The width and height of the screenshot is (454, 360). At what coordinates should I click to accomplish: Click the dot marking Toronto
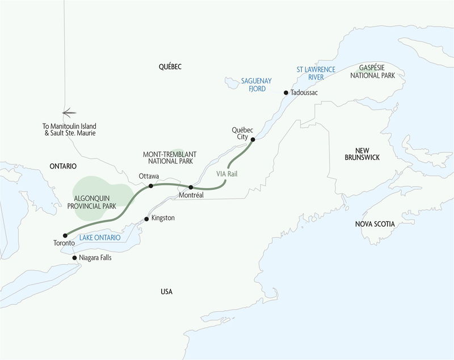tap(65, 235)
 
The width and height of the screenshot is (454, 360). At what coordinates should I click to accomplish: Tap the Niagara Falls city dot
tap(74, 257)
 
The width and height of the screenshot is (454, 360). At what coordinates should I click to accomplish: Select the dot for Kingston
tap(146, 218)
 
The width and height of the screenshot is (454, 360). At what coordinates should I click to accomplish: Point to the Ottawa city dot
tap(150, 186)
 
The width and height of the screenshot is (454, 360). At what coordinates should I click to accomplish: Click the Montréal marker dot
tap(191, 187)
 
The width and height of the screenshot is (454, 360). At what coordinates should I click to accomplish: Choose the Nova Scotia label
tap(375, 225)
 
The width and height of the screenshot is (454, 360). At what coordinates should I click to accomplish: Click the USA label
tap(166, 291)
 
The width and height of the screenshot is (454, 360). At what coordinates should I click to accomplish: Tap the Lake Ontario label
tap(100, 238)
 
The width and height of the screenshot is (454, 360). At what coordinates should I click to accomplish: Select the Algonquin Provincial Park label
tap(95, 202)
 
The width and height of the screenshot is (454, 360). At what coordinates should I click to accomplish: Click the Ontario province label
tap(62, 166)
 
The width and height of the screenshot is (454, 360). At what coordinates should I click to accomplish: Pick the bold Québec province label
tap(170, 67)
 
